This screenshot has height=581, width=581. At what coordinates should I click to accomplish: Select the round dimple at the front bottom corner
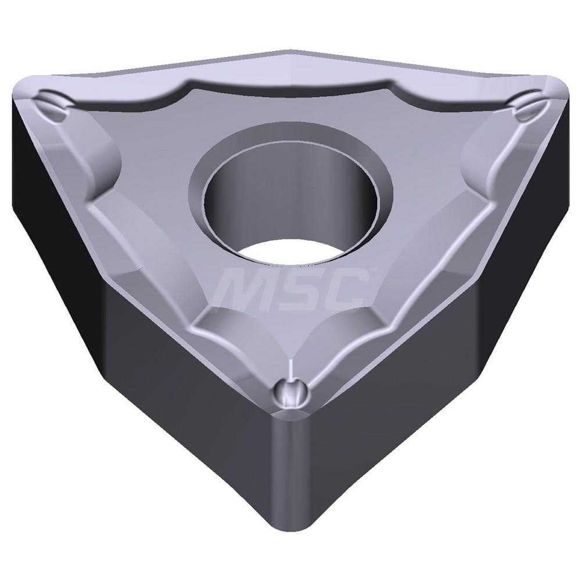[289, 395]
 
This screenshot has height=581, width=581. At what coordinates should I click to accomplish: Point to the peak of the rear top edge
[290, 51]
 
